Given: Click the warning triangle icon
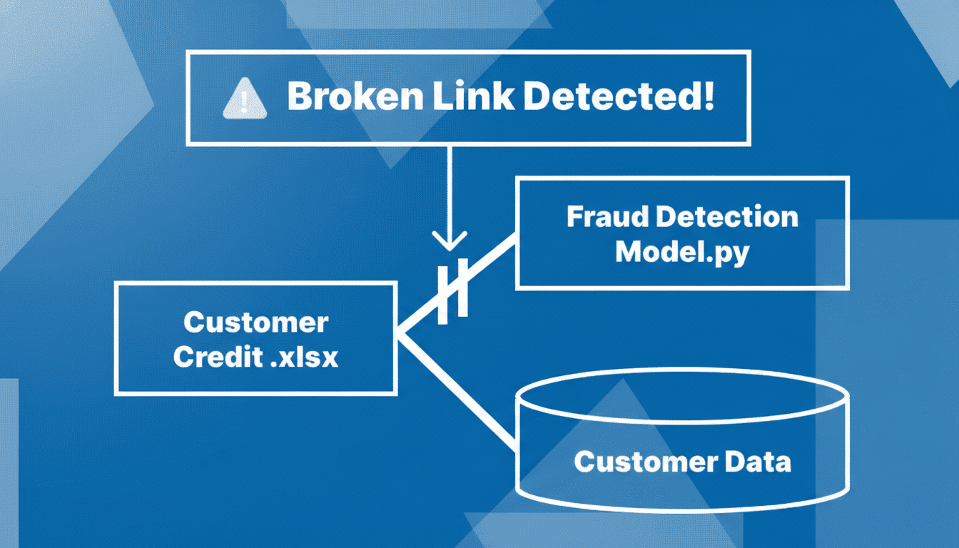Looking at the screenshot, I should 245,101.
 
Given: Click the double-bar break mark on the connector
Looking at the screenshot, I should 452,289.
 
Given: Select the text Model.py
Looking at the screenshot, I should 681,252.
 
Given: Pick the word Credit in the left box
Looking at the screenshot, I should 218,357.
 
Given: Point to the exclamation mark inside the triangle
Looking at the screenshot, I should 245,104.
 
